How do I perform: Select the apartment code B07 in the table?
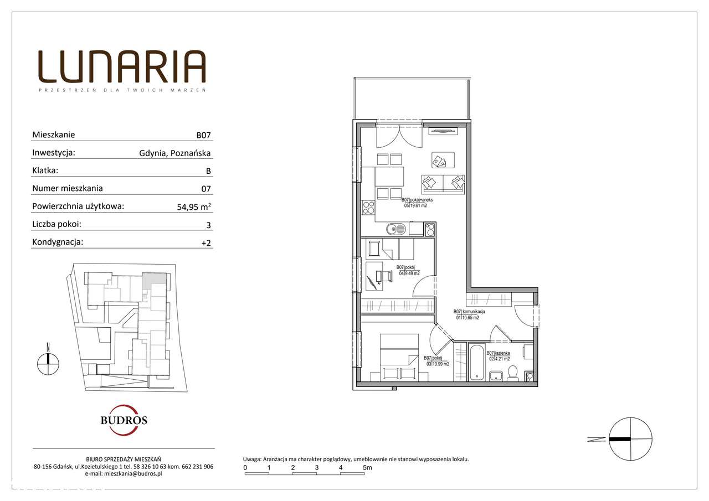[x=203, y=135]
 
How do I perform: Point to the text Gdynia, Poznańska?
[x=175, y=153]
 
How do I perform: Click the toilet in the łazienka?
[x=512, y=374]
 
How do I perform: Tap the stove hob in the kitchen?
[x=368, y=208]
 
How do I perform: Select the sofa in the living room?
[x=443, y=184]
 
